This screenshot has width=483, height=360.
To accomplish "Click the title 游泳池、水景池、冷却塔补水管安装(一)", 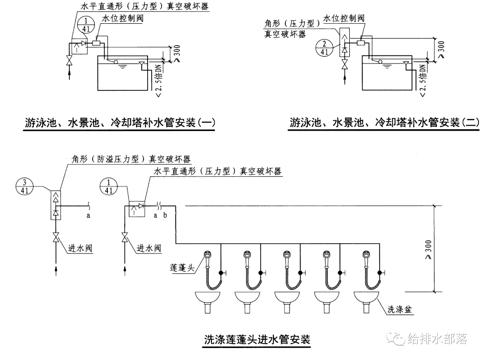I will pos(119,123).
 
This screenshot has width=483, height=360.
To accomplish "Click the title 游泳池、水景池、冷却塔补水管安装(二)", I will pos(384,123).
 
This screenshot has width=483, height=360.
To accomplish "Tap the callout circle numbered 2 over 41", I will pos(323,47).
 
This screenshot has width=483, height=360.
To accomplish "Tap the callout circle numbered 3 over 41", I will pos(25,185).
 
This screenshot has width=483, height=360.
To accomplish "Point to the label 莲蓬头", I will pos(182,268).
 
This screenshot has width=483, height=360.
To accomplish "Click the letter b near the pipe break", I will pos(165,216).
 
